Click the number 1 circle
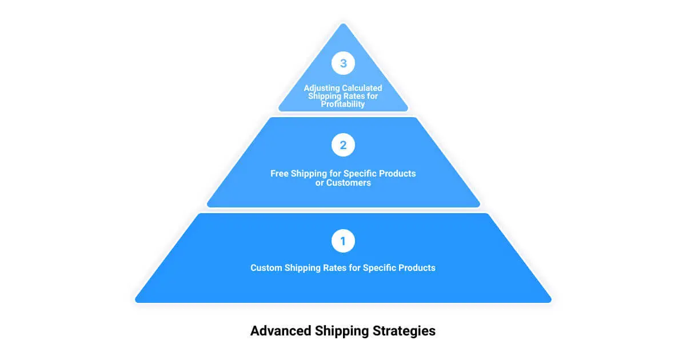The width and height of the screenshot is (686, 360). pyautogui.click(x=343, y=241)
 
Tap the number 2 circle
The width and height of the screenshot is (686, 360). pyautogui.click(x=343, y=145)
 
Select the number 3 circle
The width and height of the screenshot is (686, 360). pyautogui.click(x=343, y=63)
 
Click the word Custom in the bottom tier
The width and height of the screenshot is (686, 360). pyautogui.click(x=266, y=268)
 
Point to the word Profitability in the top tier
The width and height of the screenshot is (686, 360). pyautogui.click(x=343, y=105)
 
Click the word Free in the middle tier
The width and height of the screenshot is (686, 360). pyautogui.click(x=280, y=173)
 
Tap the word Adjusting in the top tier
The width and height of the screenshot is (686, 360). pyautogui.click(x=322, y=88)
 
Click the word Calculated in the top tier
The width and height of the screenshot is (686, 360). pyautogui.click(x=362, y=88)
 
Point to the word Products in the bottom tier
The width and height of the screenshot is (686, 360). pyautogui.click(x=417, y=268)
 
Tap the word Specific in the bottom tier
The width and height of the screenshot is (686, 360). pyautogui.click(x=380, y=268)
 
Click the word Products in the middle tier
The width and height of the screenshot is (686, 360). pyautogui.click(x=398, y=173)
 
